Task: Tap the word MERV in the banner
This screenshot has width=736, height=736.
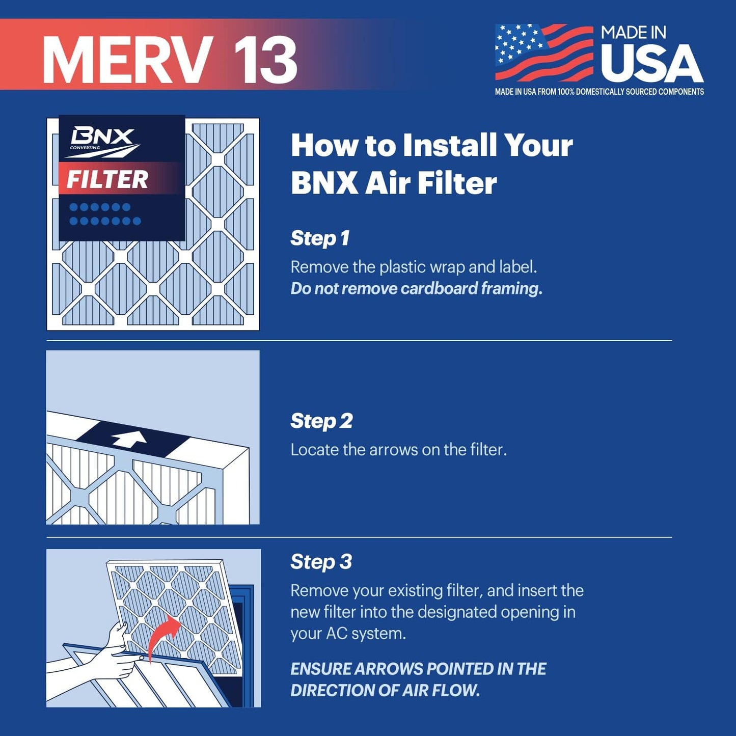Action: click(127, 60)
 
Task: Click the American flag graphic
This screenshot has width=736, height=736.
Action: click(544, 52)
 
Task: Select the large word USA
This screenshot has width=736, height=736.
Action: click(652, 64)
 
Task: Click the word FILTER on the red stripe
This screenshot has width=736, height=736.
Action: click(107, 179)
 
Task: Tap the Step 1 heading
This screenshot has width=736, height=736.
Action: click(320, 238)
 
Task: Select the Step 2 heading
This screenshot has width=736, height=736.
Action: click(321, 421)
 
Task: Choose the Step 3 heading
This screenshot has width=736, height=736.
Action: click(321, 561)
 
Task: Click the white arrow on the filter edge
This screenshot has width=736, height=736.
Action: click(129, 439)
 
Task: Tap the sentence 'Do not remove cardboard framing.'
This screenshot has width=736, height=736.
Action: click(416, 288)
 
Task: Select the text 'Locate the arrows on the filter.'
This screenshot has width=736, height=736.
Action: click(398, 450)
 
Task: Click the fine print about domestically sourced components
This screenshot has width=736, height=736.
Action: click(599, 92)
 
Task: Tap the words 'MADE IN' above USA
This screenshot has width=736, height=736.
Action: click(633, 33)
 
